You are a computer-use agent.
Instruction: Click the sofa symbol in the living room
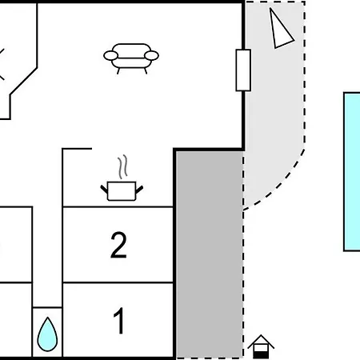click(131, 58)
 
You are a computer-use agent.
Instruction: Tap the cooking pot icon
click(122, 190)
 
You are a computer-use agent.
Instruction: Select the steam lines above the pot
click(122, 166)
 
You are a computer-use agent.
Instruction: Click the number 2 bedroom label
click(118, 245)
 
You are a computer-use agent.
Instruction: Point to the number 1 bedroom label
click(119, 320)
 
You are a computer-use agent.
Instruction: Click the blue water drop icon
click(47, 334)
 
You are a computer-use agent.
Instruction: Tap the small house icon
click(261, 346)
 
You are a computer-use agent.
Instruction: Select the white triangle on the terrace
click(280, 30)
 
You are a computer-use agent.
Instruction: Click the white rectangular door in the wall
click(243, 70)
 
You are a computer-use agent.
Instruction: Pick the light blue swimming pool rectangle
click(352, 172)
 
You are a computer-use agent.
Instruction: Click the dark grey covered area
click(210, 254)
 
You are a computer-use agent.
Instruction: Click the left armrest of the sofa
click(110, 55)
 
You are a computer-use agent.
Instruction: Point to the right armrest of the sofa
click(151, 55)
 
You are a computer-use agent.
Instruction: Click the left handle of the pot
click(104, 190)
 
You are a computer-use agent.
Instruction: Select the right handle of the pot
click(139, 190)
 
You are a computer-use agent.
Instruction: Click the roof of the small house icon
click(261, 341)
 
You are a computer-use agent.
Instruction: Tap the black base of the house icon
click(261, 355)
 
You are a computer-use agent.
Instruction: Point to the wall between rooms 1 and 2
click(118, 282)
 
